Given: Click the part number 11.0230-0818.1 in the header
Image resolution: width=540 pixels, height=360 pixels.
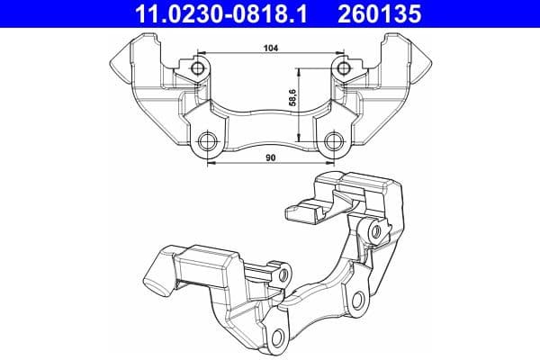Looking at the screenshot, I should tap(213, 13).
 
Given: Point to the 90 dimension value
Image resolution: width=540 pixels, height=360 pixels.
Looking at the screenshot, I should tap(270, 157).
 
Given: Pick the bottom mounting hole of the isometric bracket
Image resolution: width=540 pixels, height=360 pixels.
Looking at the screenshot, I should tap(282, 338).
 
